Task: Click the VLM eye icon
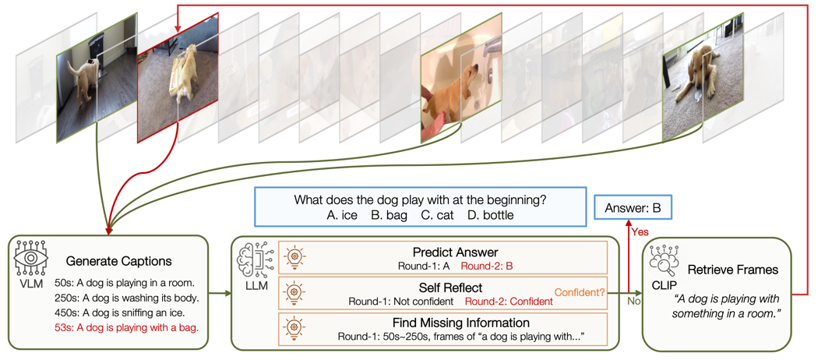31,259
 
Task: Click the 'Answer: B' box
632,208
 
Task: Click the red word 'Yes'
640,232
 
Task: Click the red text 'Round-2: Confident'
509,302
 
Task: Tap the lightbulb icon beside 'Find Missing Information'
294,327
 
